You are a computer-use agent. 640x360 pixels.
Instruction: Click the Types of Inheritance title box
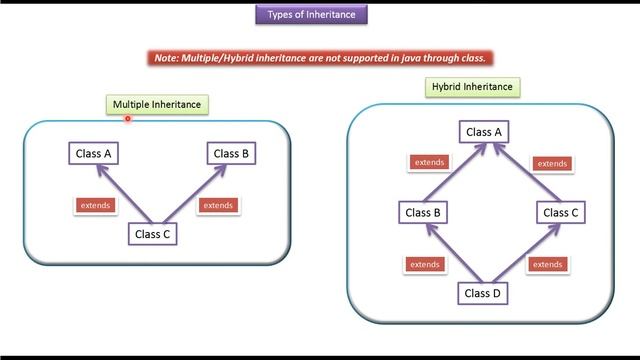click(x=311, y=14)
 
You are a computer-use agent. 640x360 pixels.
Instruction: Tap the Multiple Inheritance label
click(x=157, y=104)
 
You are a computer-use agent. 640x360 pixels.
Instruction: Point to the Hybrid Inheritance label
click(x=472, y=87)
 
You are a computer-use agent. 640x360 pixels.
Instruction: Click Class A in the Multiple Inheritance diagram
click(x=95, y=153)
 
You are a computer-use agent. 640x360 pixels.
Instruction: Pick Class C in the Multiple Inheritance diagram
click(x=154, y=234)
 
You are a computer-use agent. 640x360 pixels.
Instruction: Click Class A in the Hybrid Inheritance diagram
click(x=484, y=132)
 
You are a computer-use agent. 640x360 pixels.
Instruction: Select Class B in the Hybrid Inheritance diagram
click(x=424, y=212)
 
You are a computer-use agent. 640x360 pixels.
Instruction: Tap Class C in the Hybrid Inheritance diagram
click(x=561, y=212)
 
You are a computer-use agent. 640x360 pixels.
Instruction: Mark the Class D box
click(x=484, y=293)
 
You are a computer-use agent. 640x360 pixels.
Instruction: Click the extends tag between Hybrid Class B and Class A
click(x=430, y=162)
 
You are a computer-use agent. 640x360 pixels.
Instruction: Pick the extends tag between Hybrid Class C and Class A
click(x=552, y=163)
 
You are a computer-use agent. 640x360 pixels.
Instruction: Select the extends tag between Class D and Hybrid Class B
click(x=424, y=264)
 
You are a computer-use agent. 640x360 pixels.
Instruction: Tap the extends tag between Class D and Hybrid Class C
click(x=547, y=264)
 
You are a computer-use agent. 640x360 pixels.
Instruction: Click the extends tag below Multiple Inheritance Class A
click(x=96, y=205)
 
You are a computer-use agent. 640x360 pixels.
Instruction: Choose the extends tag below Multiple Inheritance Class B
click(x=217, y=205)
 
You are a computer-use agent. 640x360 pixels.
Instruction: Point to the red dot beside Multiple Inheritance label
click(x=128, y=118)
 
